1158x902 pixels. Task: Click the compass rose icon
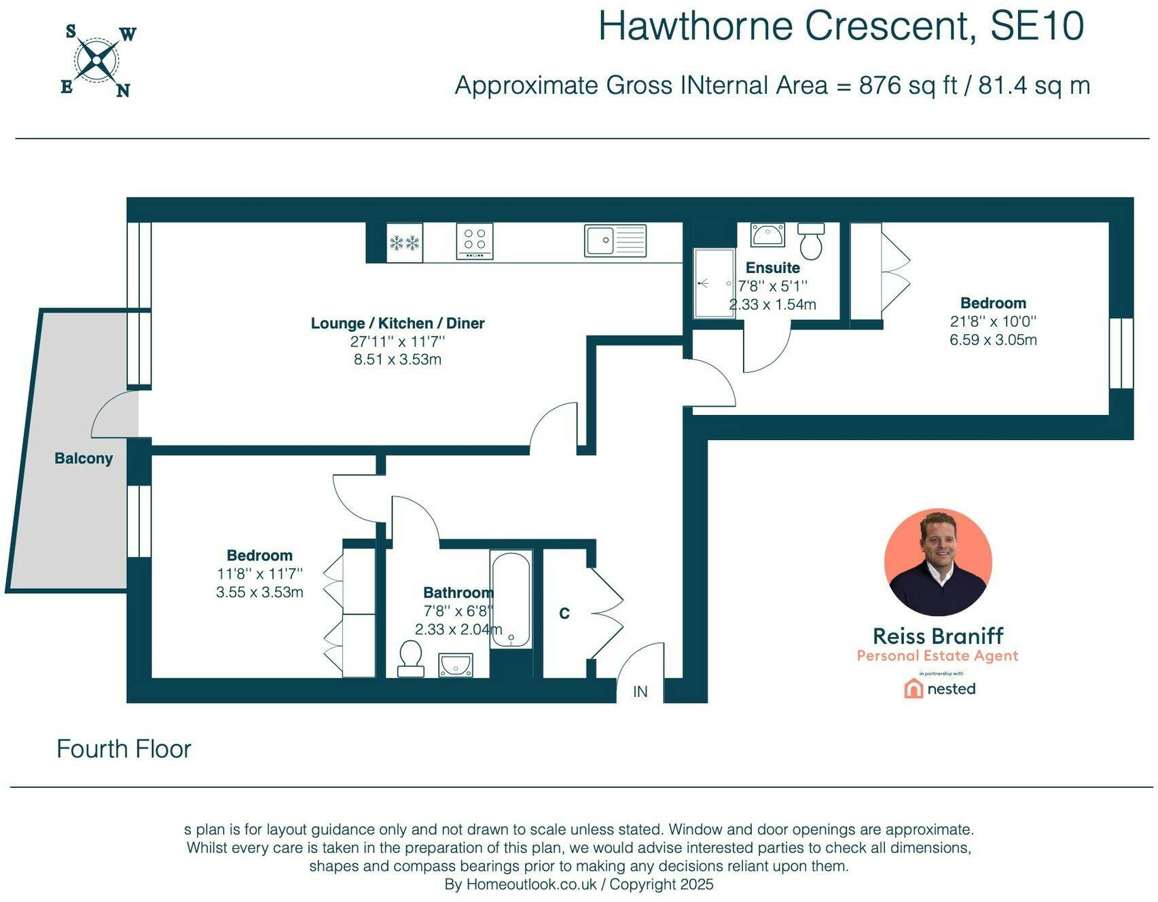tap(97, 60)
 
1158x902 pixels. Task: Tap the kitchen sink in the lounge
tap(615, 240)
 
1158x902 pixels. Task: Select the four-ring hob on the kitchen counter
tap(475, 241)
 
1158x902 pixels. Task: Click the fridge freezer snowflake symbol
tap(404, 242)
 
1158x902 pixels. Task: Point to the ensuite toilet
tap(811, 240)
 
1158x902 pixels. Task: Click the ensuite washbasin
tap(767, 235)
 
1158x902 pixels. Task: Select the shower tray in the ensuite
tap(714, 283)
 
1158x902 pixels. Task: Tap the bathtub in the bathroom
tap(511, 599)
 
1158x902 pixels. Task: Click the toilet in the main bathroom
tap(410, 659)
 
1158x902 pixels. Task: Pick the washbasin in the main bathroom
tap(455, 666)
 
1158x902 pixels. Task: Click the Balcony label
tap(84, 458)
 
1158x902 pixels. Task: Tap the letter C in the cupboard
tap(564, 614)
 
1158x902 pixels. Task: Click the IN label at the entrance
tap(640, 691)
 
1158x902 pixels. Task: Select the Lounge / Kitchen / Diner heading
tap(397, 323)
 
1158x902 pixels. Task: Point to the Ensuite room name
tap(772, 268)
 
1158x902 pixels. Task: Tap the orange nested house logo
tap(913, 689)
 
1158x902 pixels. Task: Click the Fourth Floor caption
tap(124, 748)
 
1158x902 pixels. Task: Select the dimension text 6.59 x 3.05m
tap(993, 340)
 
